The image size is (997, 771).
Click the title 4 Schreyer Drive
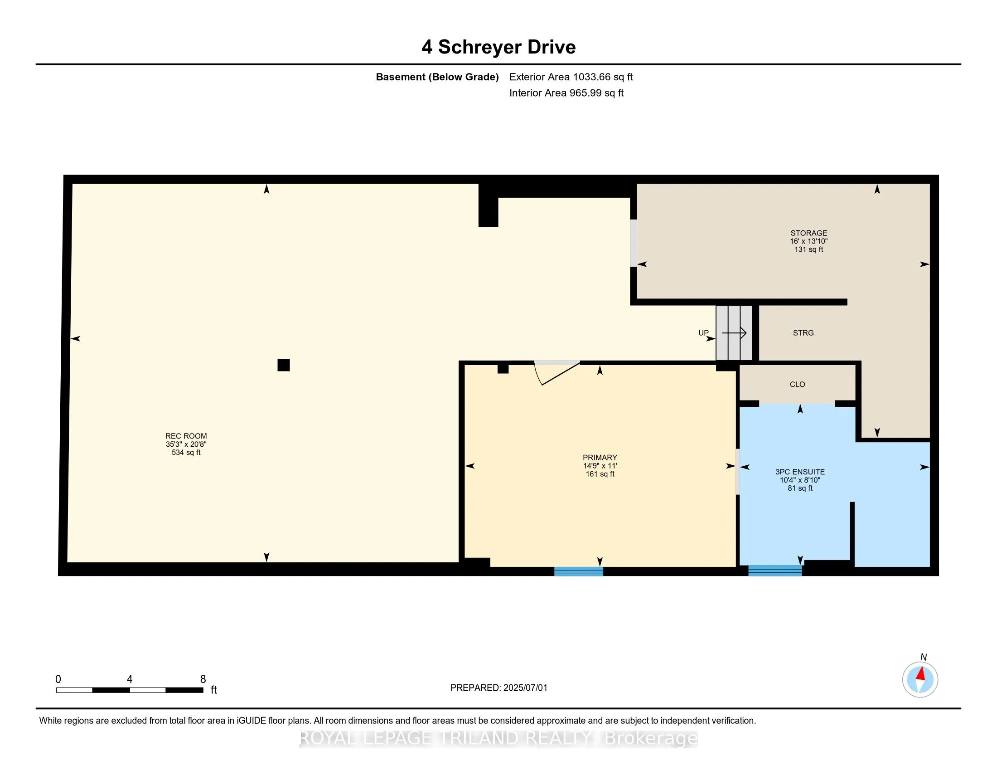pyautogui.click(x=498, y=47)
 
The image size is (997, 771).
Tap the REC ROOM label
pyautogui.click(x=186, y=436)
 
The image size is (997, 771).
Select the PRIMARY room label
pyautogui.click(x=600, y=458)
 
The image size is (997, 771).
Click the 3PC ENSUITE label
pyautogui.click(x=800, y=472)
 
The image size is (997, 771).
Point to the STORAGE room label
pyautogui.click(x=808, y=233)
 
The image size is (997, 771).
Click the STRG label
pyautogui.click(x=803, y=333)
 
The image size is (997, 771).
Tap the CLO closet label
pyautogui.click(x=797, y=385)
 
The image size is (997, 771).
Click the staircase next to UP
pyautogui.click(x=734, y=333)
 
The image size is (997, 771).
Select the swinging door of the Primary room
pyautogui.click(x=557, y=372)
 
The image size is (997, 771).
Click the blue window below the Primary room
pyautogui.click(x=578, y=571)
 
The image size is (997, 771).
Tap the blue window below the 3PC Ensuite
pyautogui.click(x=774, y=571)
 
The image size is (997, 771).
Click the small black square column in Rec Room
pyautogui.click(x=284, y=365)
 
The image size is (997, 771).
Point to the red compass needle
pyautogui.click(x=921, y=673)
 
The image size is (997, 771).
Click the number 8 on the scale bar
pyautogui.click(x=203, y=679)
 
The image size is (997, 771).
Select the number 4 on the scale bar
pyautogui.click(x=130, y=679)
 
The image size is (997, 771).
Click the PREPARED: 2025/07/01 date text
pyautogui.click(x=498, y=688)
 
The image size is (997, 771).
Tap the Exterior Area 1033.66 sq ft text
pyautogui.click(x=571, y=77)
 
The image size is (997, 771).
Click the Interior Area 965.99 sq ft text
pyautogui.click(x=566, y=93)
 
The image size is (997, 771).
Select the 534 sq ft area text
pyautogui.click(x=186, y=453)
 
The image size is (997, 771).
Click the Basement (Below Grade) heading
pyautogui.click(x=437, y=77)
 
